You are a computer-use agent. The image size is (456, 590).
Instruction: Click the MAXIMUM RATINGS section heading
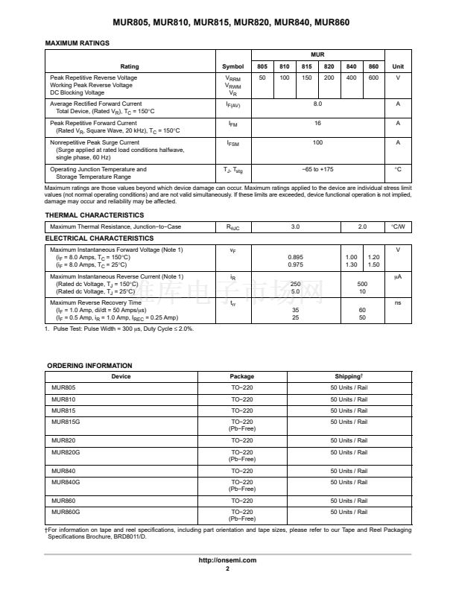click(x=77, y=43)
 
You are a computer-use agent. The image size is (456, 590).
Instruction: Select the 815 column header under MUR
click(x=307, y=66)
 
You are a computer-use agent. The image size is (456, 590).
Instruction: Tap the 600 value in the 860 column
click(x=373, y=78)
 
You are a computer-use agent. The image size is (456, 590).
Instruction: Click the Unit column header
click(x=398, y=66)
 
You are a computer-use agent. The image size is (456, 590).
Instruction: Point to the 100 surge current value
click(x=317, y=142)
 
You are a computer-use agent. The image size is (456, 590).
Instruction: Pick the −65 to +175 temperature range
click(x=317, y=169)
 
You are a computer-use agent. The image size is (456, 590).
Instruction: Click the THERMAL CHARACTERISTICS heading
click(x=95, y=215)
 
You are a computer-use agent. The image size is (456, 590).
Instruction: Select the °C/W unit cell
click(x=398, y=226)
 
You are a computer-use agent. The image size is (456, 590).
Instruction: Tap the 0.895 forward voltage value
click(x=295, y=257)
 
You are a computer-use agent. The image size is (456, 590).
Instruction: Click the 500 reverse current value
click(x=362, y=284)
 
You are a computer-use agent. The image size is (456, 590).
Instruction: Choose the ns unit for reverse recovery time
click(x=398, y=303)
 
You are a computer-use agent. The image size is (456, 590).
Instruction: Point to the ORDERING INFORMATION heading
click(x=89, y=366)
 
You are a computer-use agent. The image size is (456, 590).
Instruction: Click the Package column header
click(x=241, y=376)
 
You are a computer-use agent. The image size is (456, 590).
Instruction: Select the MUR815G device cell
click(x=66, y=422)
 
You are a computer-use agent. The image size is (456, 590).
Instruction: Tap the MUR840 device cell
click(x=63, y=471)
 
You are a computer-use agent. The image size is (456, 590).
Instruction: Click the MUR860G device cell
click(x=66, y=513)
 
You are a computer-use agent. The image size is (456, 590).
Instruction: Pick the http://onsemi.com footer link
click(x=227, y=560)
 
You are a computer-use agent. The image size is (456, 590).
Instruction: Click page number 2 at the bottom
click(x=227, y=568)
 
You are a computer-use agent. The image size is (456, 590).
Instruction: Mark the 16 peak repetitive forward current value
click(x=317, y=123)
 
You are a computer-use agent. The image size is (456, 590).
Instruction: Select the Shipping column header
click(x=349, y=376)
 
